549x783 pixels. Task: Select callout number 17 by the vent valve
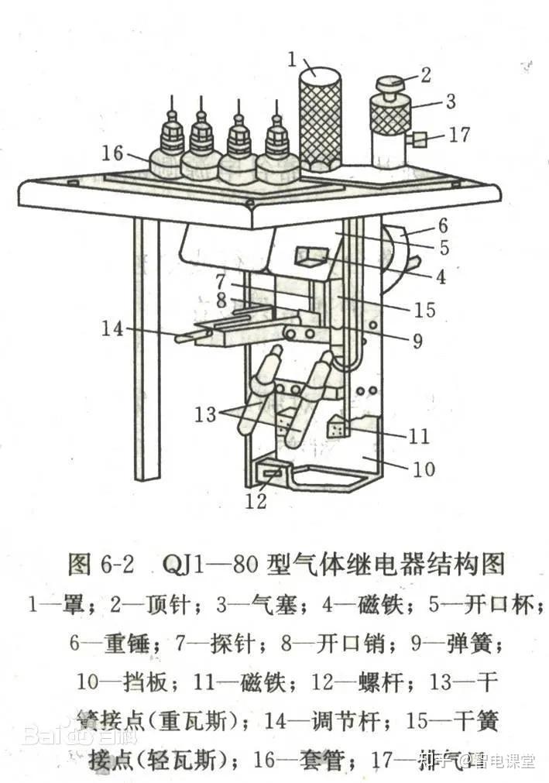pos(459,135)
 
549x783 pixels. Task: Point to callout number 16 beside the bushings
pos(113,153)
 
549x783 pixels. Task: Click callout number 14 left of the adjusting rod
pos(113,328)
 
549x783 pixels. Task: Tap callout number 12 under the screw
pos(256,501)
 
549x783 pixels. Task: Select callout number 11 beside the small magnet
pos(419,436)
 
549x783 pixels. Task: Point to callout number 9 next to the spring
pos(417,341)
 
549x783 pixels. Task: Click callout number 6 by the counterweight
pos(443,225)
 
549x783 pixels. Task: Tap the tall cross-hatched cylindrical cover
pos(321,116)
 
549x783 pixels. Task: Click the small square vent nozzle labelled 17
pos(420,140)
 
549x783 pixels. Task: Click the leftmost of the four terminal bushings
pos(168,147)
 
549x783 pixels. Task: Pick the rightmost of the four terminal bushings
pos(276,151)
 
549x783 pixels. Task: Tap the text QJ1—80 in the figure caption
pos(210,563)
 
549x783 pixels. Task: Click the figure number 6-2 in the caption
pos(114,563)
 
